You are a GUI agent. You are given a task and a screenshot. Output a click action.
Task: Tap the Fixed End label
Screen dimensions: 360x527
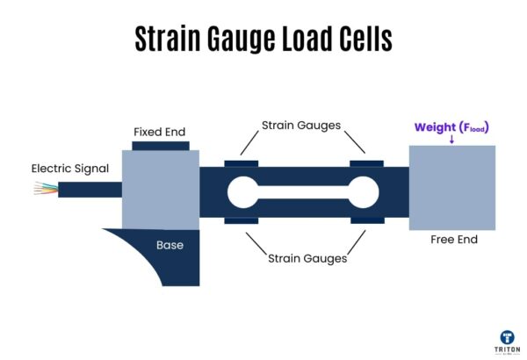[x=160, y=132]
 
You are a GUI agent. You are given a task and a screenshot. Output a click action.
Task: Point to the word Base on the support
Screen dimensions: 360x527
[x=170, y=245]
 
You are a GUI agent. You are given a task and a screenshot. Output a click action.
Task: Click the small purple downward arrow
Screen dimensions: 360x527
[x=451, y=140]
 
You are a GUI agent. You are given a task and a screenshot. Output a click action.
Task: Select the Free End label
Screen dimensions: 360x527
[x=453, y=239]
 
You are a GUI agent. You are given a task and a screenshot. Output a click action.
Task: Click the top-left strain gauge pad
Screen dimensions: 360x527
[x=241, y=163]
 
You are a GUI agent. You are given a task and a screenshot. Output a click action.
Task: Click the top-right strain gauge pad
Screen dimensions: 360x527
[x=366, y=163]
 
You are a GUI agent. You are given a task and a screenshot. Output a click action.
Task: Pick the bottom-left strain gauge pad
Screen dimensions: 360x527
[x=241, y=220]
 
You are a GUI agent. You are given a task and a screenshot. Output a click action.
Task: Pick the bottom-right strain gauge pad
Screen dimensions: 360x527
[x=366, y=220]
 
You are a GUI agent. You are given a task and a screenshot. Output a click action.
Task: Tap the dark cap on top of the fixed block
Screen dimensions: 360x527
[x=160, y=145]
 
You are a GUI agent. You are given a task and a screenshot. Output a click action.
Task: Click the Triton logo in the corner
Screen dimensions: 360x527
[x=506, y=340]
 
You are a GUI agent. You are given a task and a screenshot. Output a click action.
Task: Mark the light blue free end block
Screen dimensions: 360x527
[x=451, y=189]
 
